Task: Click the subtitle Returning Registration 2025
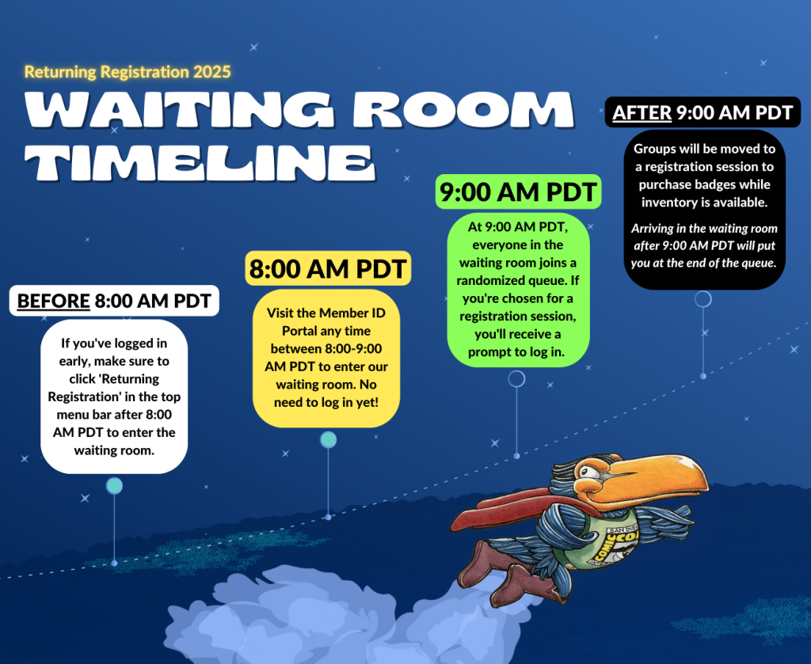(x=128, y=72)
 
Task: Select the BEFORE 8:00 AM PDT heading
(x=114, y=301)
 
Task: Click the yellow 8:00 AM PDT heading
(x=328, y=268)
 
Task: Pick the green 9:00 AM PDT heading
(x=518, y=192)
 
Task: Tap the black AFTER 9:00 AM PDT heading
(x=702, y=112)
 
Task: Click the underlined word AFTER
(x=642, y=112)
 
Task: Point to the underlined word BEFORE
(x=53, y=301)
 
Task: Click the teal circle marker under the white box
(x=114, y=485)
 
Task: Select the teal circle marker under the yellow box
(x=328, y=440)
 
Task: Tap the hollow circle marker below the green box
(x=516, y=379)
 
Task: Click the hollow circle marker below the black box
(x=702, y=299)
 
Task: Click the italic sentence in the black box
(x=703, y=245)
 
